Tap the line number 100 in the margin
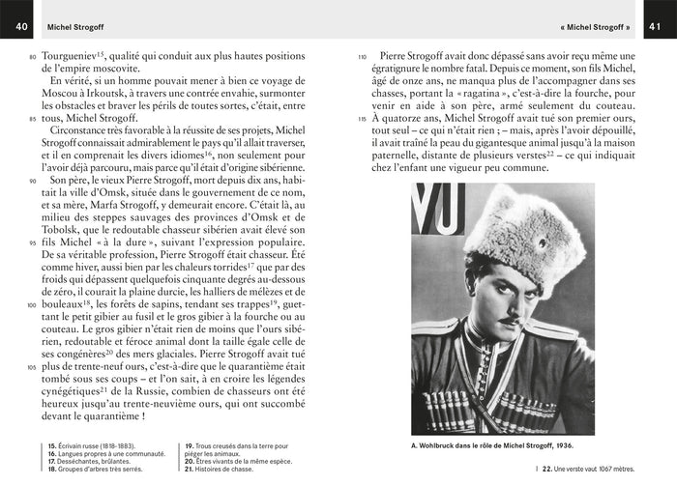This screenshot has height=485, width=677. pos(31,304)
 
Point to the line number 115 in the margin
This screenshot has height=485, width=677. pos(361,120)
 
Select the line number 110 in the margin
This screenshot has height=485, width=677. pos(361,58)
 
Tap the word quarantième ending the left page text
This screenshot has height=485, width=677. pos(103,415)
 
